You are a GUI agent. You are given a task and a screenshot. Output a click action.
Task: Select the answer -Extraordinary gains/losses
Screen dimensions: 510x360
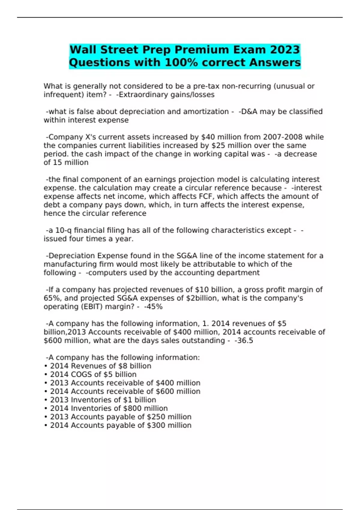point(165,95)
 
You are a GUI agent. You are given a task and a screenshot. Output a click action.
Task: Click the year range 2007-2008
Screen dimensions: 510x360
point(283,137)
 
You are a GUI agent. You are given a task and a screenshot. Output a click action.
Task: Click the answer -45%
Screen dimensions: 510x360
point(153,307)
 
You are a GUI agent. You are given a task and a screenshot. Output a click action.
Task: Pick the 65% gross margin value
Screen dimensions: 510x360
point(52,298)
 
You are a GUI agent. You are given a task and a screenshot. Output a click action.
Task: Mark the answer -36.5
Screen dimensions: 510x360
point(244,340)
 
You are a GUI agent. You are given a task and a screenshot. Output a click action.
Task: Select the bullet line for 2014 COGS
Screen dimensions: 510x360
point(93,374)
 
